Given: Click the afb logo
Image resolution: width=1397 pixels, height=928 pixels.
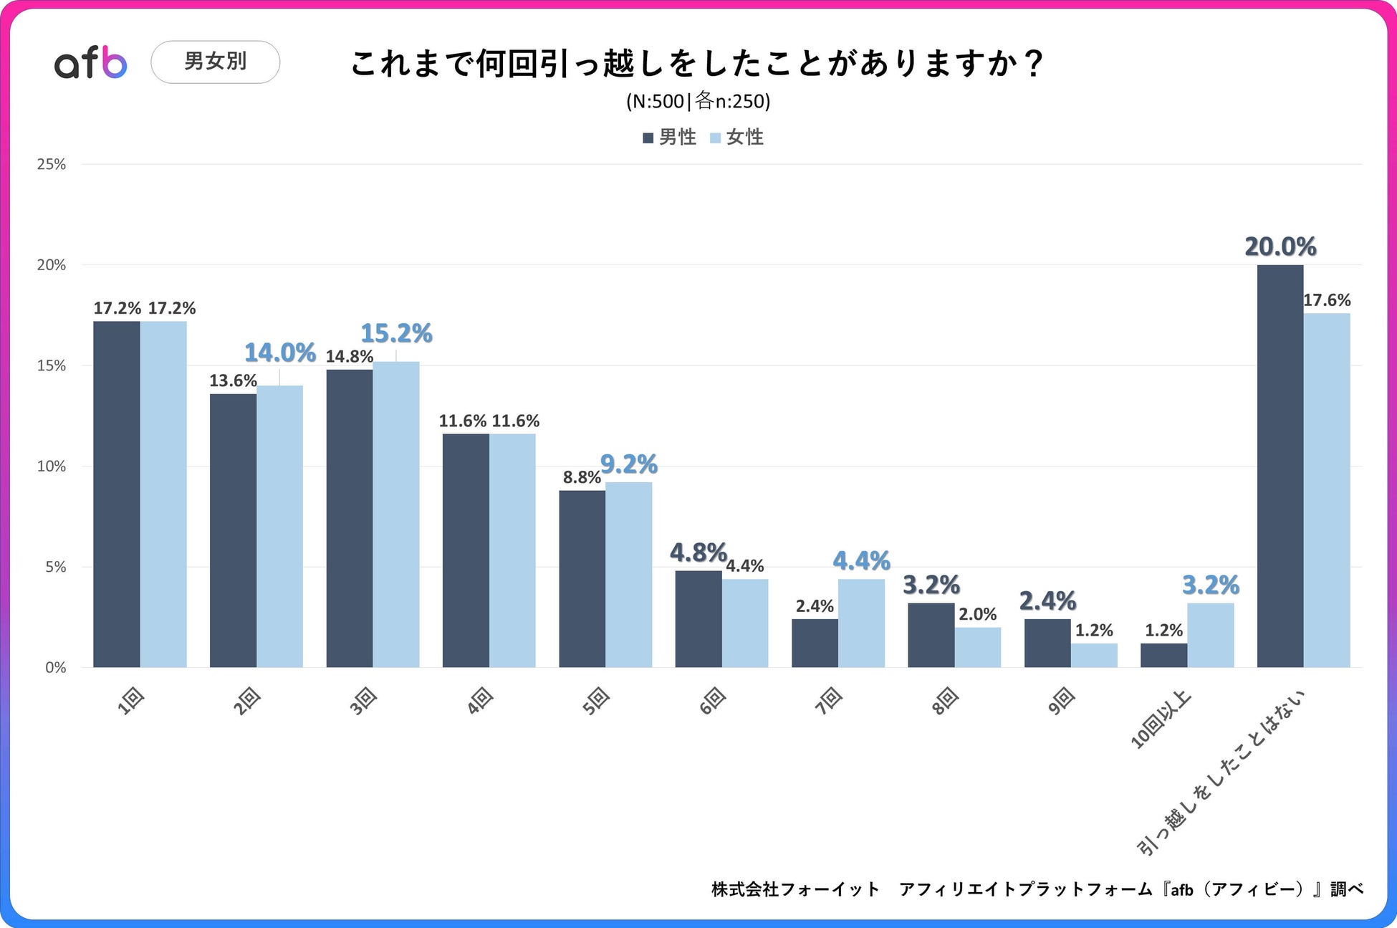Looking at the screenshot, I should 91,62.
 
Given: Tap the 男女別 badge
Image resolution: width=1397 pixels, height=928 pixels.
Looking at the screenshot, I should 215,62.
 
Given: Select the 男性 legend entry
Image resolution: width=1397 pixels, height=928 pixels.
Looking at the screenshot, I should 670,137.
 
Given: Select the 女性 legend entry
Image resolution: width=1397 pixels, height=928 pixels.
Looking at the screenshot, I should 737,137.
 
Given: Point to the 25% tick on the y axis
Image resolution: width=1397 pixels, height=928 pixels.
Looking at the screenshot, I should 51,164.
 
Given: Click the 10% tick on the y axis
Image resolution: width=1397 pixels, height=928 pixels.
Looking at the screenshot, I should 51,467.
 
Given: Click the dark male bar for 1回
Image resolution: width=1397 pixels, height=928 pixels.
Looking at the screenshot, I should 116,494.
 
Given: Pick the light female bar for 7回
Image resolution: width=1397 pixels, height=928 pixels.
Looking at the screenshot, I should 861,623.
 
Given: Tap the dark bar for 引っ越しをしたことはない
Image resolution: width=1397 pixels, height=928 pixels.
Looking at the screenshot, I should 1280,466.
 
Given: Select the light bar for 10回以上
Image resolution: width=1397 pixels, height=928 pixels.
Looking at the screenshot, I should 1210,636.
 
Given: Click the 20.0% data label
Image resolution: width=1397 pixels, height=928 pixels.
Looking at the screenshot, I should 1280,247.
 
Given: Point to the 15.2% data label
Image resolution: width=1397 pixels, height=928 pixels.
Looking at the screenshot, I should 396,333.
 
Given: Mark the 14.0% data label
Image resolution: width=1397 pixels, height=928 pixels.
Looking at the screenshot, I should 280,353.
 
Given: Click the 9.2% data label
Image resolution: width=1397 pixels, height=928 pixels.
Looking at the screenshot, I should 629,464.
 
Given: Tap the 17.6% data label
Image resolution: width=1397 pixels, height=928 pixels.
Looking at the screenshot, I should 1327,300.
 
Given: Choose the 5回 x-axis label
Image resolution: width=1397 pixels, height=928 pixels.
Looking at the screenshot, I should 595,700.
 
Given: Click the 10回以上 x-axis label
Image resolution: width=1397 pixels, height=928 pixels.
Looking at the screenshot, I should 1161,719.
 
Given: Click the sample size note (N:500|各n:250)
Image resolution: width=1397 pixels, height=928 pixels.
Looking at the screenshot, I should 698,101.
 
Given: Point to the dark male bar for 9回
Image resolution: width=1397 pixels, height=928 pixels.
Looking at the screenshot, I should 1047,644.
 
